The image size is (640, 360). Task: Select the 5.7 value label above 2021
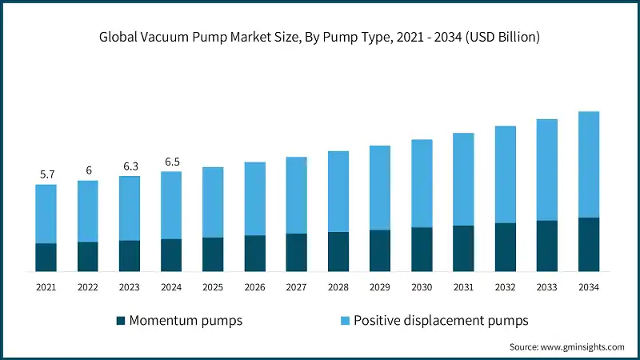click(x=46, y=174)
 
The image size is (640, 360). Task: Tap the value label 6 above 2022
click(x=88, y=170)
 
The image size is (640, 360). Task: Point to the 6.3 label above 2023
click(x=130, y=166)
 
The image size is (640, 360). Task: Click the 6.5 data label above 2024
click(x=171, y=162)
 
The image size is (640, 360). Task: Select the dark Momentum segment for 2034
click(x=589, y=245)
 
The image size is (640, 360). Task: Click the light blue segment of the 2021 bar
click(x=46, y=214)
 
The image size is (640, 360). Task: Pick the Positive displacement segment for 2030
click(x=422, y=183)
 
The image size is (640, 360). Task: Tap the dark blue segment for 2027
click(x=297, y=253)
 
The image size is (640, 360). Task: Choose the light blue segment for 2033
click(x=547, y=170)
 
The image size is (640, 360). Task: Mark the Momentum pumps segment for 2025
click(x=213, y=254)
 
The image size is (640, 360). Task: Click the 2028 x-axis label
click(x=338, y=286)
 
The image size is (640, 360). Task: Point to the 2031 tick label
click(x=463, y=286)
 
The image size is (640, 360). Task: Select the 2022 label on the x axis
click(x=88, y=286)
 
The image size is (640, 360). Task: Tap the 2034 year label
click(x=589, y=286)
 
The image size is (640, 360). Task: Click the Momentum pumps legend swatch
click(x=121, y=321)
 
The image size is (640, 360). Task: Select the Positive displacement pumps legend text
click(x=441, y=321)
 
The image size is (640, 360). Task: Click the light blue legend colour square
click(x=345, y=321)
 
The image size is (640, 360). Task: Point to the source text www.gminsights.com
click(x=566, y=347)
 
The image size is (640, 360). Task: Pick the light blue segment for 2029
click(x=380, y=187)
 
